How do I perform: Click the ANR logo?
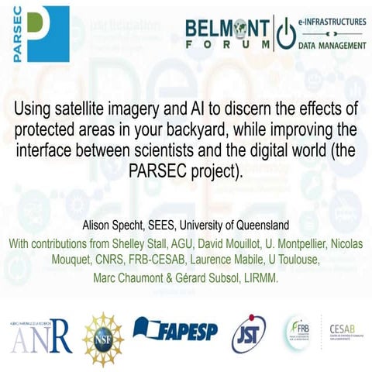[41, 335]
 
